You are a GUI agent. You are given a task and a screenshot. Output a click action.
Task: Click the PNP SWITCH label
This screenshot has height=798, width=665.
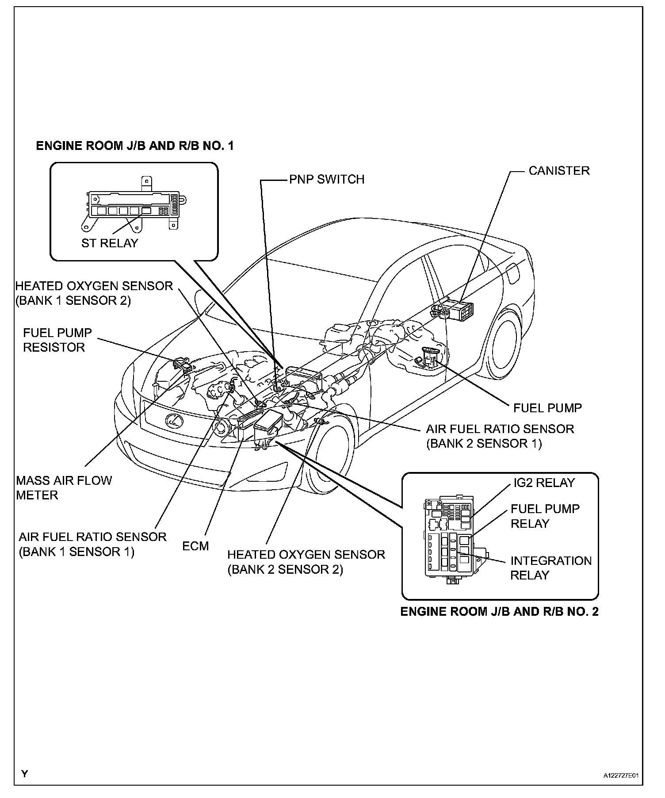tap(327, 180)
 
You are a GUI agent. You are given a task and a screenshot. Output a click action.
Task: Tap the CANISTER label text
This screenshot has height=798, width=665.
tap(559, 171)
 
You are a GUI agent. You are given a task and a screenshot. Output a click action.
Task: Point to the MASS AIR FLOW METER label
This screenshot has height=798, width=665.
tap(64, 487)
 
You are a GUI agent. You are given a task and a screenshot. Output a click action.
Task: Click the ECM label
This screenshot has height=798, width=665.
tap(195, 546)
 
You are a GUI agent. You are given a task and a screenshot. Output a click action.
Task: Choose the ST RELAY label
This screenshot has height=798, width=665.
tap(110, 243)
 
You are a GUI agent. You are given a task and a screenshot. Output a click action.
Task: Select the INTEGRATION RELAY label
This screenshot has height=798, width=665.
tap(550, 568)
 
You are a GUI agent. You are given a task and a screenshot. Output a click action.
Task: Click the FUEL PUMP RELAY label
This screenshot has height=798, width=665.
tap(545, 516)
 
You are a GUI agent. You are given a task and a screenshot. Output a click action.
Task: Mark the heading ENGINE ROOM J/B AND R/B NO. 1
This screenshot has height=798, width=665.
tap(134, 146)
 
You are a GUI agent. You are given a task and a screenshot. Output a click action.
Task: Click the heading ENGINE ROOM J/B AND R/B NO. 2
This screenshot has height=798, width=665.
tap(499, 611)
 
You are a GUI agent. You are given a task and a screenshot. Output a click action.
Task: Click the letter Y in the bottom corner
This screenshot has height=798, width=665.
tap(25, 774)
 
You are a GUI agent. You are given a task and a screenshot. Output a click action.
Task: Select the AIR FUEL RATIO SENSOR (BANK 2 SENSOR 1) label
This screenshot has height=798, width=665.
tap(500, 436)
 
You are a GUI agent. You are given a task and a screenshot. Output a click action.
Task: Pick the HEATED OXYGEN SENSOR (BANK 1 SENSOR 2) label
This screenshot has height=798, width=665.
tap(94, 293)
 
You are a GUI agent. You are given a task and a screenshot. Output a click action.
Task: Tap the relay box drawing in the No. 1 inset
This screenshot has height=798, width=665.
tap(133, 207)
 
